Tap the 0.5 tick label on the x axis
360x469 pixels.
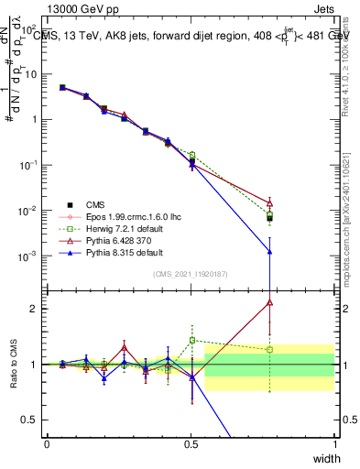coord(191,443)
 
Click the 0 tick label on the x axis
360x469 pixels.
coord(47,443)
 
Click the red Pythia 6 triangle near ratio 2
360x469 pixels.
coord(269,301)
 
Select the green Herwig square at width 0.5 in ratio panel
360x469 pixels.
coord(191,340)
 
